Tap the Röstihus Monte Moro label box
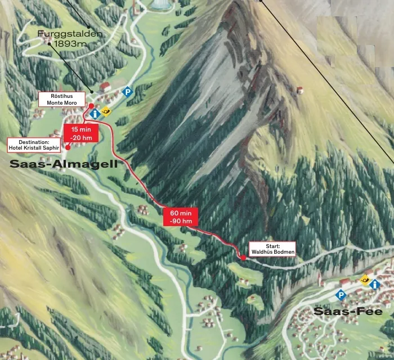coord(62,100)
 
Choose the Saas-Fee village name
coord(348,311)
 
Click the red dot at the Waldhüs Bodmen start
coord(243,258)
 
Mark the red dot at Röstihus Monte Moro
coord(91,105)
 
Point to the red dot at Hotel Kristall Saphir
coord(68,147)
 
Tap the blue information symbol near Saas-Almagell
coord(95,113)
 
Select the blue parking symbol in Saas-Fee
coord(340,294)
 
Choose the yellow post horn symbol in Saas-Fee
coord(364,278)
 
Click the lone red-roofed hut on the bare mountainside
coord(301,91)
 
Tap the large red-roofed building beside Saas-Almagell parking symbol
coord(105,87)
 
